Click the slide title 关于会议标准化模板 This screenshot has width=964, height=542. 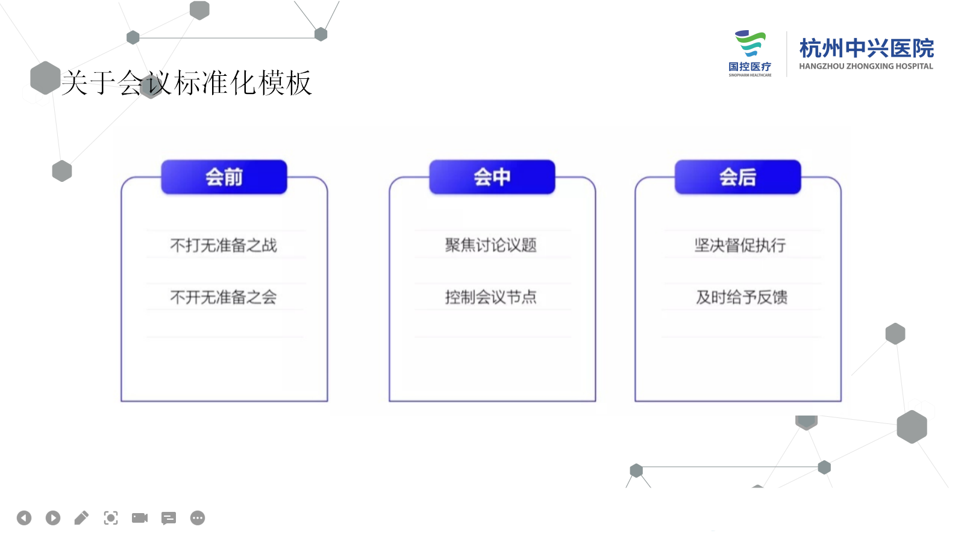(187, 83)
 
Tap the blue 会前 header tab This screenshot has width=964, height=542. (224, 177)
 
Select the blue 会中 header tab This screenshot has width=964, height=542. (492, 177)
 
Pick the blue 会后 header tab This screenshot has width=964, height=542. (738, 177)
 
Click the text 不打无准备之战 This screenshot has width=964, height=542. (224, 245)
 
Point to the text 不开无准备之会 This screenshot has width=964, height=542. (224, 297)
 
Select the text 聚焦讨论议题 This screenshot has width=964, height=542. (491, 245)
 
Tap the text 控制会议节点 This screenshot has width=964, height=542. (491, 297)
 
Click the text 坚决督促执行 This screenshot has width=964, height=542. (740, 245)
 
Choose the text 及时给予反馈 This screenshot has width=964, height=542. (742, 297)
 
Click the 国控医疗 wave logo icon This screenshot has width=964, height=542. (750, 43)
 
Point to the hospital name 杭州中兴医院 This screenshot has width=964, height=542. (867, 48)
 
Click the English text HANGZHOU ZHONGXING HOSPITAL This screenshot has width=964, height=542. (866, 66)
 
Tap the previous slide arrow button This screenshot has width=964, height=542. (24, 518)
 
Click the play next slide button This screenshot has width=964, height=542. (53, 518)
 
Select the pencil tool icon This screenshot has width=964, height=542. (81, 518)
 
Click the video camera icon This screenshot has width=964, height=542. (139, 518)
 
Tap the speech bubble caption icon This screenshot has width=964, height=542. (168, 519)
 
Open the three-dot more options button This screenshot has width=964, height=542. (198, 518)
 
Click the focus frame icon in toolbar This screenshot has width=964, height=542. (111, 518)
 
